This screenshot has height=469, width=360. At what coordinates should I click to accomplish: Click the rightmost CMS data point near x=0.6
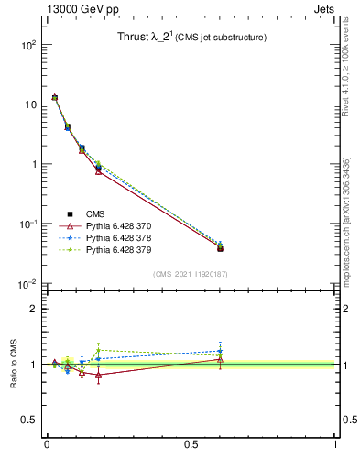click(x=220, y=248)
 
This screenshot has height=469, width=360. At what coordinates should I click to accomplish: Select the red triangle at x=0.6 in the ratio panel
click(x=220, y=359)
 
